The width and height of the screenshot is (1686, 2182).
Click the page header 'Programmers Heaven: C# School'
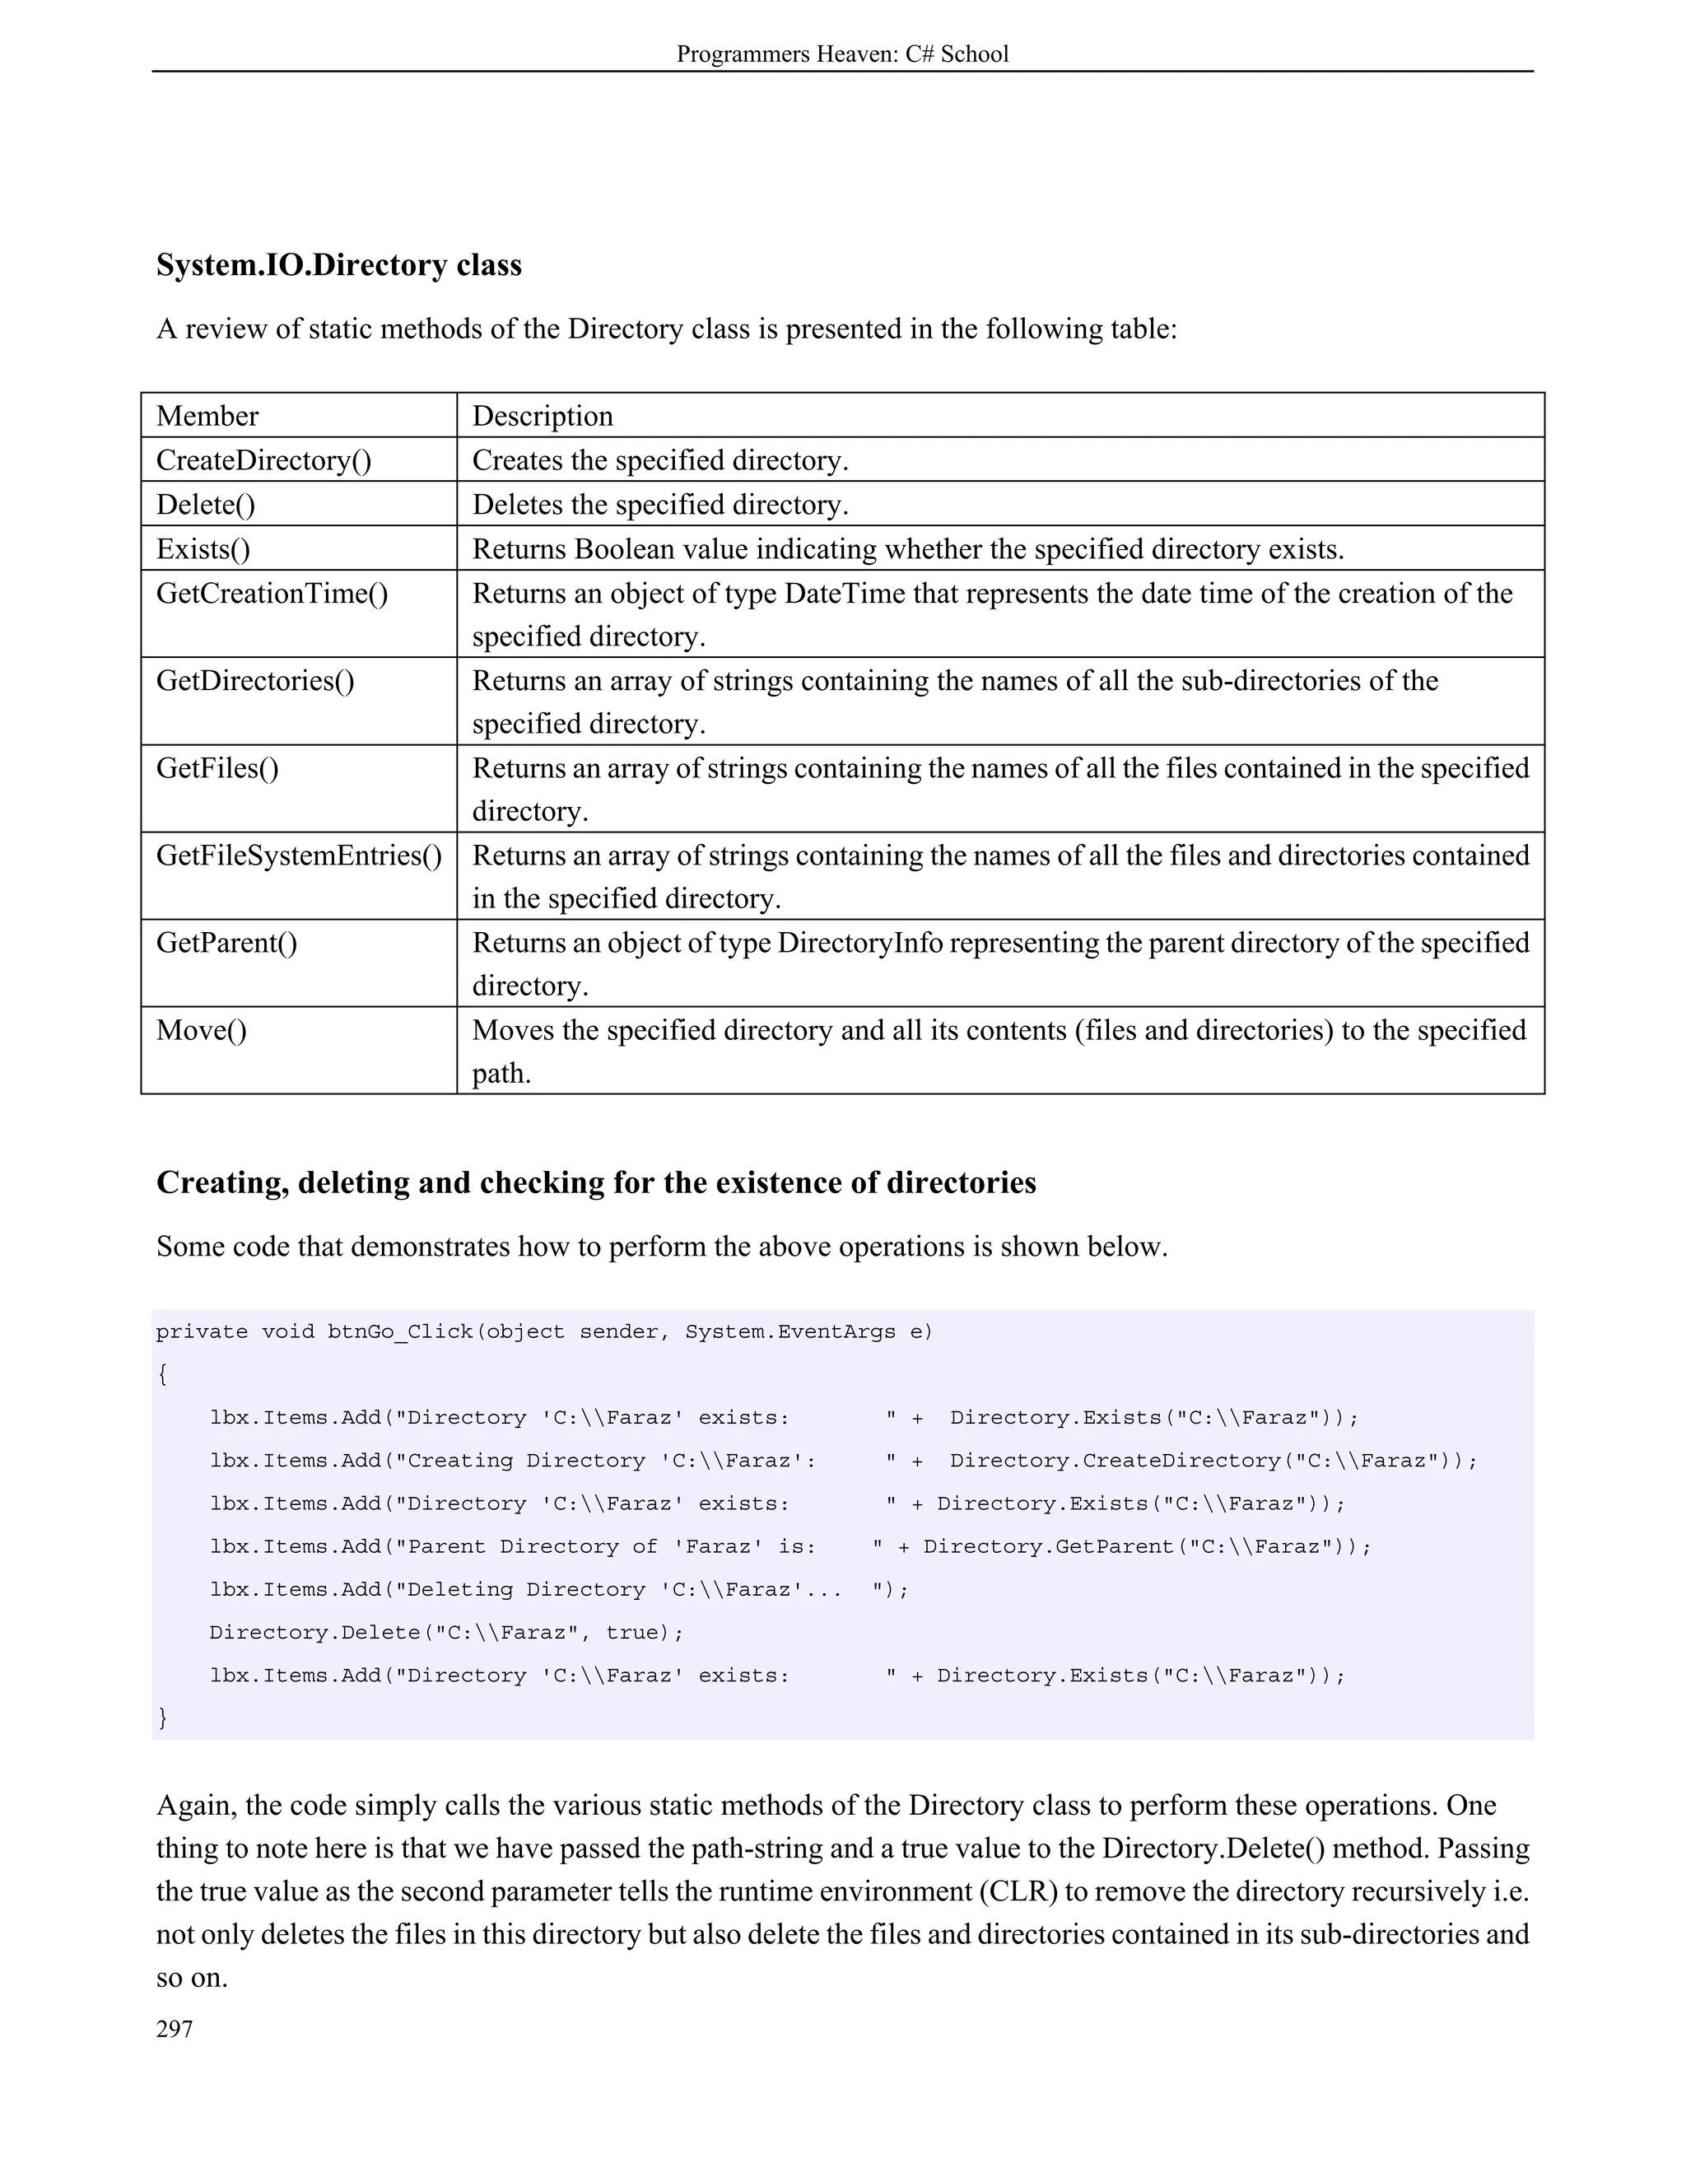[x=842, y=54]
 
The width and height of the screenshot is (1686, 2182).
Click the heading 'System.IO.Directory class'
[x=338, y=265]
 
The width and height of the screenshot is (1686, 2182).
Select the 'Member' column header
[x=207, y=416]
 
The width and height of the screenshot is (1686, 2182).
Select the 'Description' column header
[x=543, y=416]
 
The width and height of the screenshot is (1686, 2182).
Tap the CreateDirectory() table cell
[x=263, y=460]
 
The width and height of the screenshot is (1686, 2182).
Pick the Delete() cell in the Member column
[x=206, y=505]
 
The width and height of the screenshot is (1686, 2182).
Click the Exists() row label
[x=203, y=548]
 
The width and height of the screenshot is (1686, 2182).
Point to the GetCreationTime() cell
[x=272, y=594]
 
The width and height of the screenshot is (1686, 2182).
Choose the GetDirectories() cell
[x=254, y=680]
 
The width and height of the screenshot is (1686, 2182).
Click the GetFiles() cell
[x=217, y=768]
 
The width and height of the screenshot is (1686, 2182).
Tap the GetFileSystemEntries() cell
[x=299, y=856]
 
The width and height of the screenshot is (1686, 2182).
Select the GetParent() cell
[x=226, y=943]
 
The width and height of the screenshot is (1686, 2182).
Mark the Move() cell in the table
[x=201, y=1030]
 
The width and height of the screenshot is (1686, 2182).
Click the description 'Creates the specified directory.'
[x=660, y=460]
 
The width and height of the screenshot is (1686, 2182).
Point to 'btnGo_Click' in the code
[x=399, y=1331]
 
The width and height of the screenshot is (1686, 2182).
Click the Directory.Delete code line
[x=446, y=1633]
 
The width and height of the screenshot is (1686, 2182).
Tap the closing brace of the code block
[x=163, y=1718]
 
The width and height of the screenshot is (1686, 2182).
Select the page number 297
[x=175, y=2029]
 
